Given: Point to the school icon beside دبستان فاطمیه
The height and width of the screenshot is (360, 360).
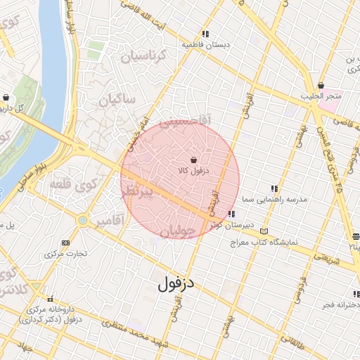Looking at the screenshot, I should coord(205,33).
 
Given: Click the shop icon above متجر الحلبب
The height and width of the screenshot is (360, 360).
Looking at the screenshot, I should coord(321,85).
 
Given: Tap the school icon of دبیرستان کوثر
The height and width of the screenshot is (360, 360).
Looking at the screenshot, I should coord(232,214).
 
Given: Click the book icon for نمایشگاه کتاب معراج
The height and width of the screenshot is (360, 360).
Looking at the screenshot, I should coord(264,231).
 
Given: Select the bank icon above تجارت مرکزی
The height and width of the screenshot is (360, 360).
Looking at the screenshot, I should coord(66,242).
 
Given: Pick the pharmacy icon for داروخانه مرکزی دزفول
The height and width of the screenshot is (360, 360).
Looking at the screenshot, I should coord(49,298).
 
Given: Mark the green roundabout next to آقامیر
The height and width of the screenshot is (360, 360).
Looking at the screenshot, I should coord(83,221).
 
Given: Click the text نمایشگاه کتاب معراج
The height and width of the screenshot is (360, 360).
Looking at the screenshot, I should coord(264,243).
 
